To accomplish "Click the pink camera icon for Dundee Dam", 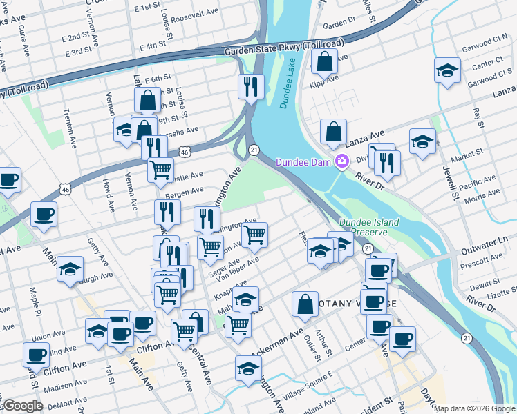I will pos(341,162).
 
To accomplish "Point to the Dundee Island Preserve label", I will pos(367,227).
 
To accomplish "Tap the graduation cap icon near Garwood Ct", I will pos(447,70).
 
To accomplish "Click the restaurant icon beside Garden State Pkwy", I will pos(250,86).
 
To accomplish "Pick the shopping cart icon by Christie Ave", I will pos(160,169).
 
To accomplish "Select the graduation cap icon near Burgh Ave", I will pos(70,269).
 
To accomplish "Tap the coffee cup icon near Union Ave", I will pos(36,355).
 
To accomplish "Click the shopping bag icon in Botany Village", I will pos(304,304).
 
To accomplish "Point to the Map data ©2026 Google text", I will pos(475,408).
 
